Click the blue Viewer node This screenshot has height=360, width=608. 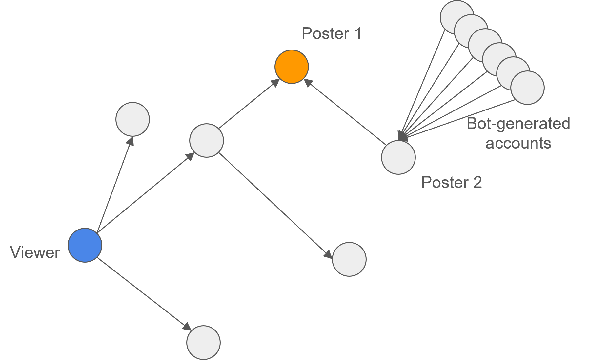tap(85, 245)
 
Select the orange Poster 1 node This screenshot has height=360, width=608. tap(292, 67)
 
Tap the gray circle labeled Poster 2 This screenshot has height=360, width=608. tap(398, 157)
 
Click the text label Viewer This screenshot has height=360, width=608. tap(35, 252)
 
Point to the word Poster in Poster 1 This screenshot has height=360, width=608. tap(325, 33)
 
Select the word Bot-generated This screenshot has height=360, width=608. tap(518, 124)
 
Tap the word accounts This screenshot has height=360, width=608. tap(518, 143)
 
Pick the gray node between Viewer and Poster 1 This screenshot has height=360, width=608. tap(207, 140)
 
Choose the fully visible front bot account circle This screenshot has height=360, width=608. tap(527, 88)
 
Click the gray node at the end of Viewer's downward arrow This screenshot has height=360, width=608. tap(203, 343)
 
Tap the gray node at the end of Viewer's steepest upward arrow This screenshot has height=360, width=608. tap(133, 119)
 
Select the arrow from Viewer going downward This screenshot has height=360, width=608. tap(144, 294)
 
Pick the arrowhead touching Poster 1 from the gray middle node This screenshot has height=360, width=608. tap(275, 82)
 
